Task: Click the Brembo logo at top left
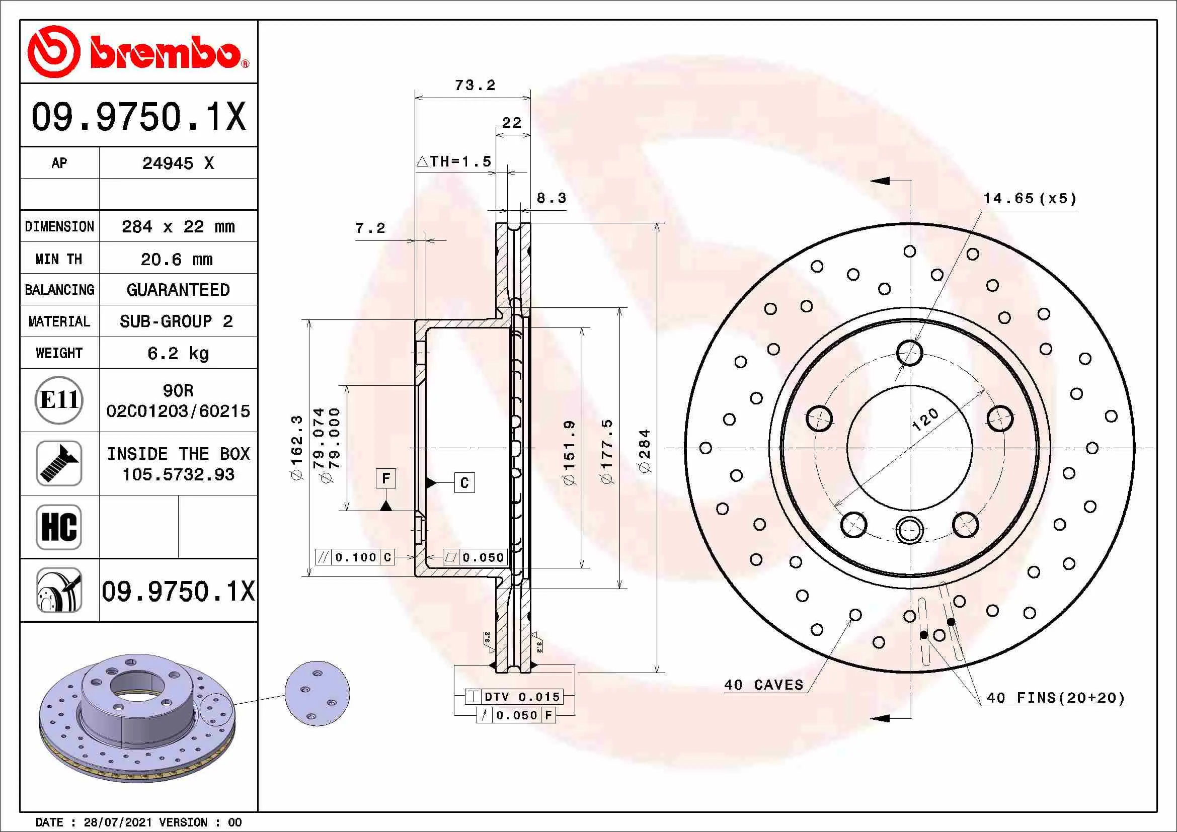(x=138, y=52)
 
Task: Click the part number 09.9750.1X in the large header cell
(x=138, y=116)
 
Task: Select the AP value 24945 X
(x=178, y=163)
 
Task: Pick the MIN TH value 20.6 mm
(x=177, y=259)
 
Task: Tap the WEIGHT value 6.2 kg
(x=178, y=353)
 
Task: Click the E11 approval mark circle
(x=59, y=400)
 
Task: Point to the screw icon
(x=59, y=463)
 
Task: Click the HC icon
(x=59, y=527)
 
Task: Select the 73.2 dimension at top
(x=475, y=85)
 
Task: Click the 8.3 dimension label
(x=551, y=198)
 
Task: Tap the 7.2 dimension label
(x=370, y=228)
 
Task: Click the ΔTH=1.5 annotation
(x=454, y=162)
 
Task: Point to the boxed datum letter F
(x=386, y=478)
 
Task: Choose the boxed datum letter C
(x=464, y=482)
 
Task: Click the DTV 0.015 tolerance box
(x=521, y=697)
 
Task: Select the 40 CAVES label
(x=763, y=685)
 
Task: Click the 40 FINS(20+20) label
(x=1056, y=698)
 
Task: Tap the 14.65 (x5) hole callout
(x=1030, y=199)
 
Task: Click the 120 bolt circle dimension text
(x=925, y=420)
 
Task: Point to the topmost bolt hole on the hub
(x=909, y=353)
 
